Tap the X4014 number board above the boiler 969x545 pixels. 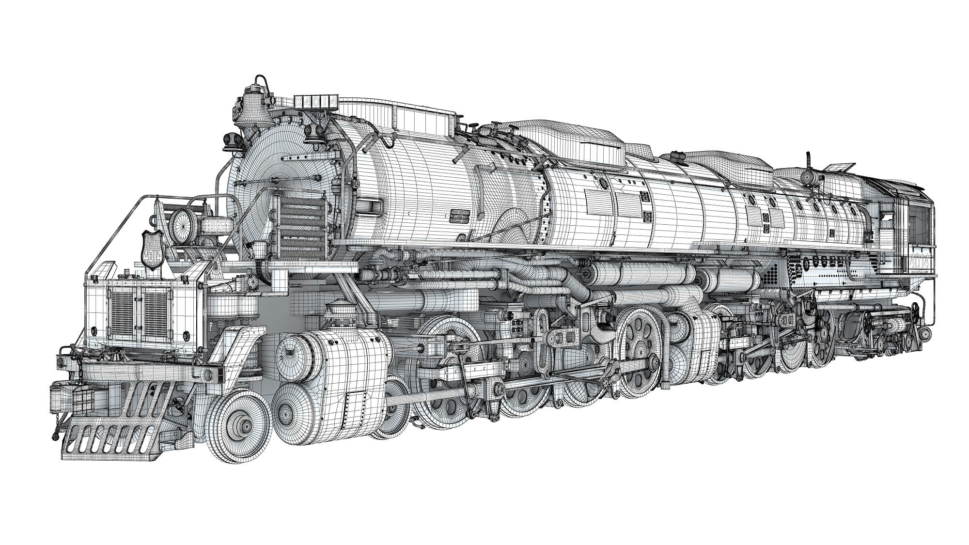click(315, 102)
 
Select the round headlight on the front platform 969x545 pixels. click(182, 223)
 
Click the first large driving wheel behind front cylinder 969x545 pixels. click(443, 373)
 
